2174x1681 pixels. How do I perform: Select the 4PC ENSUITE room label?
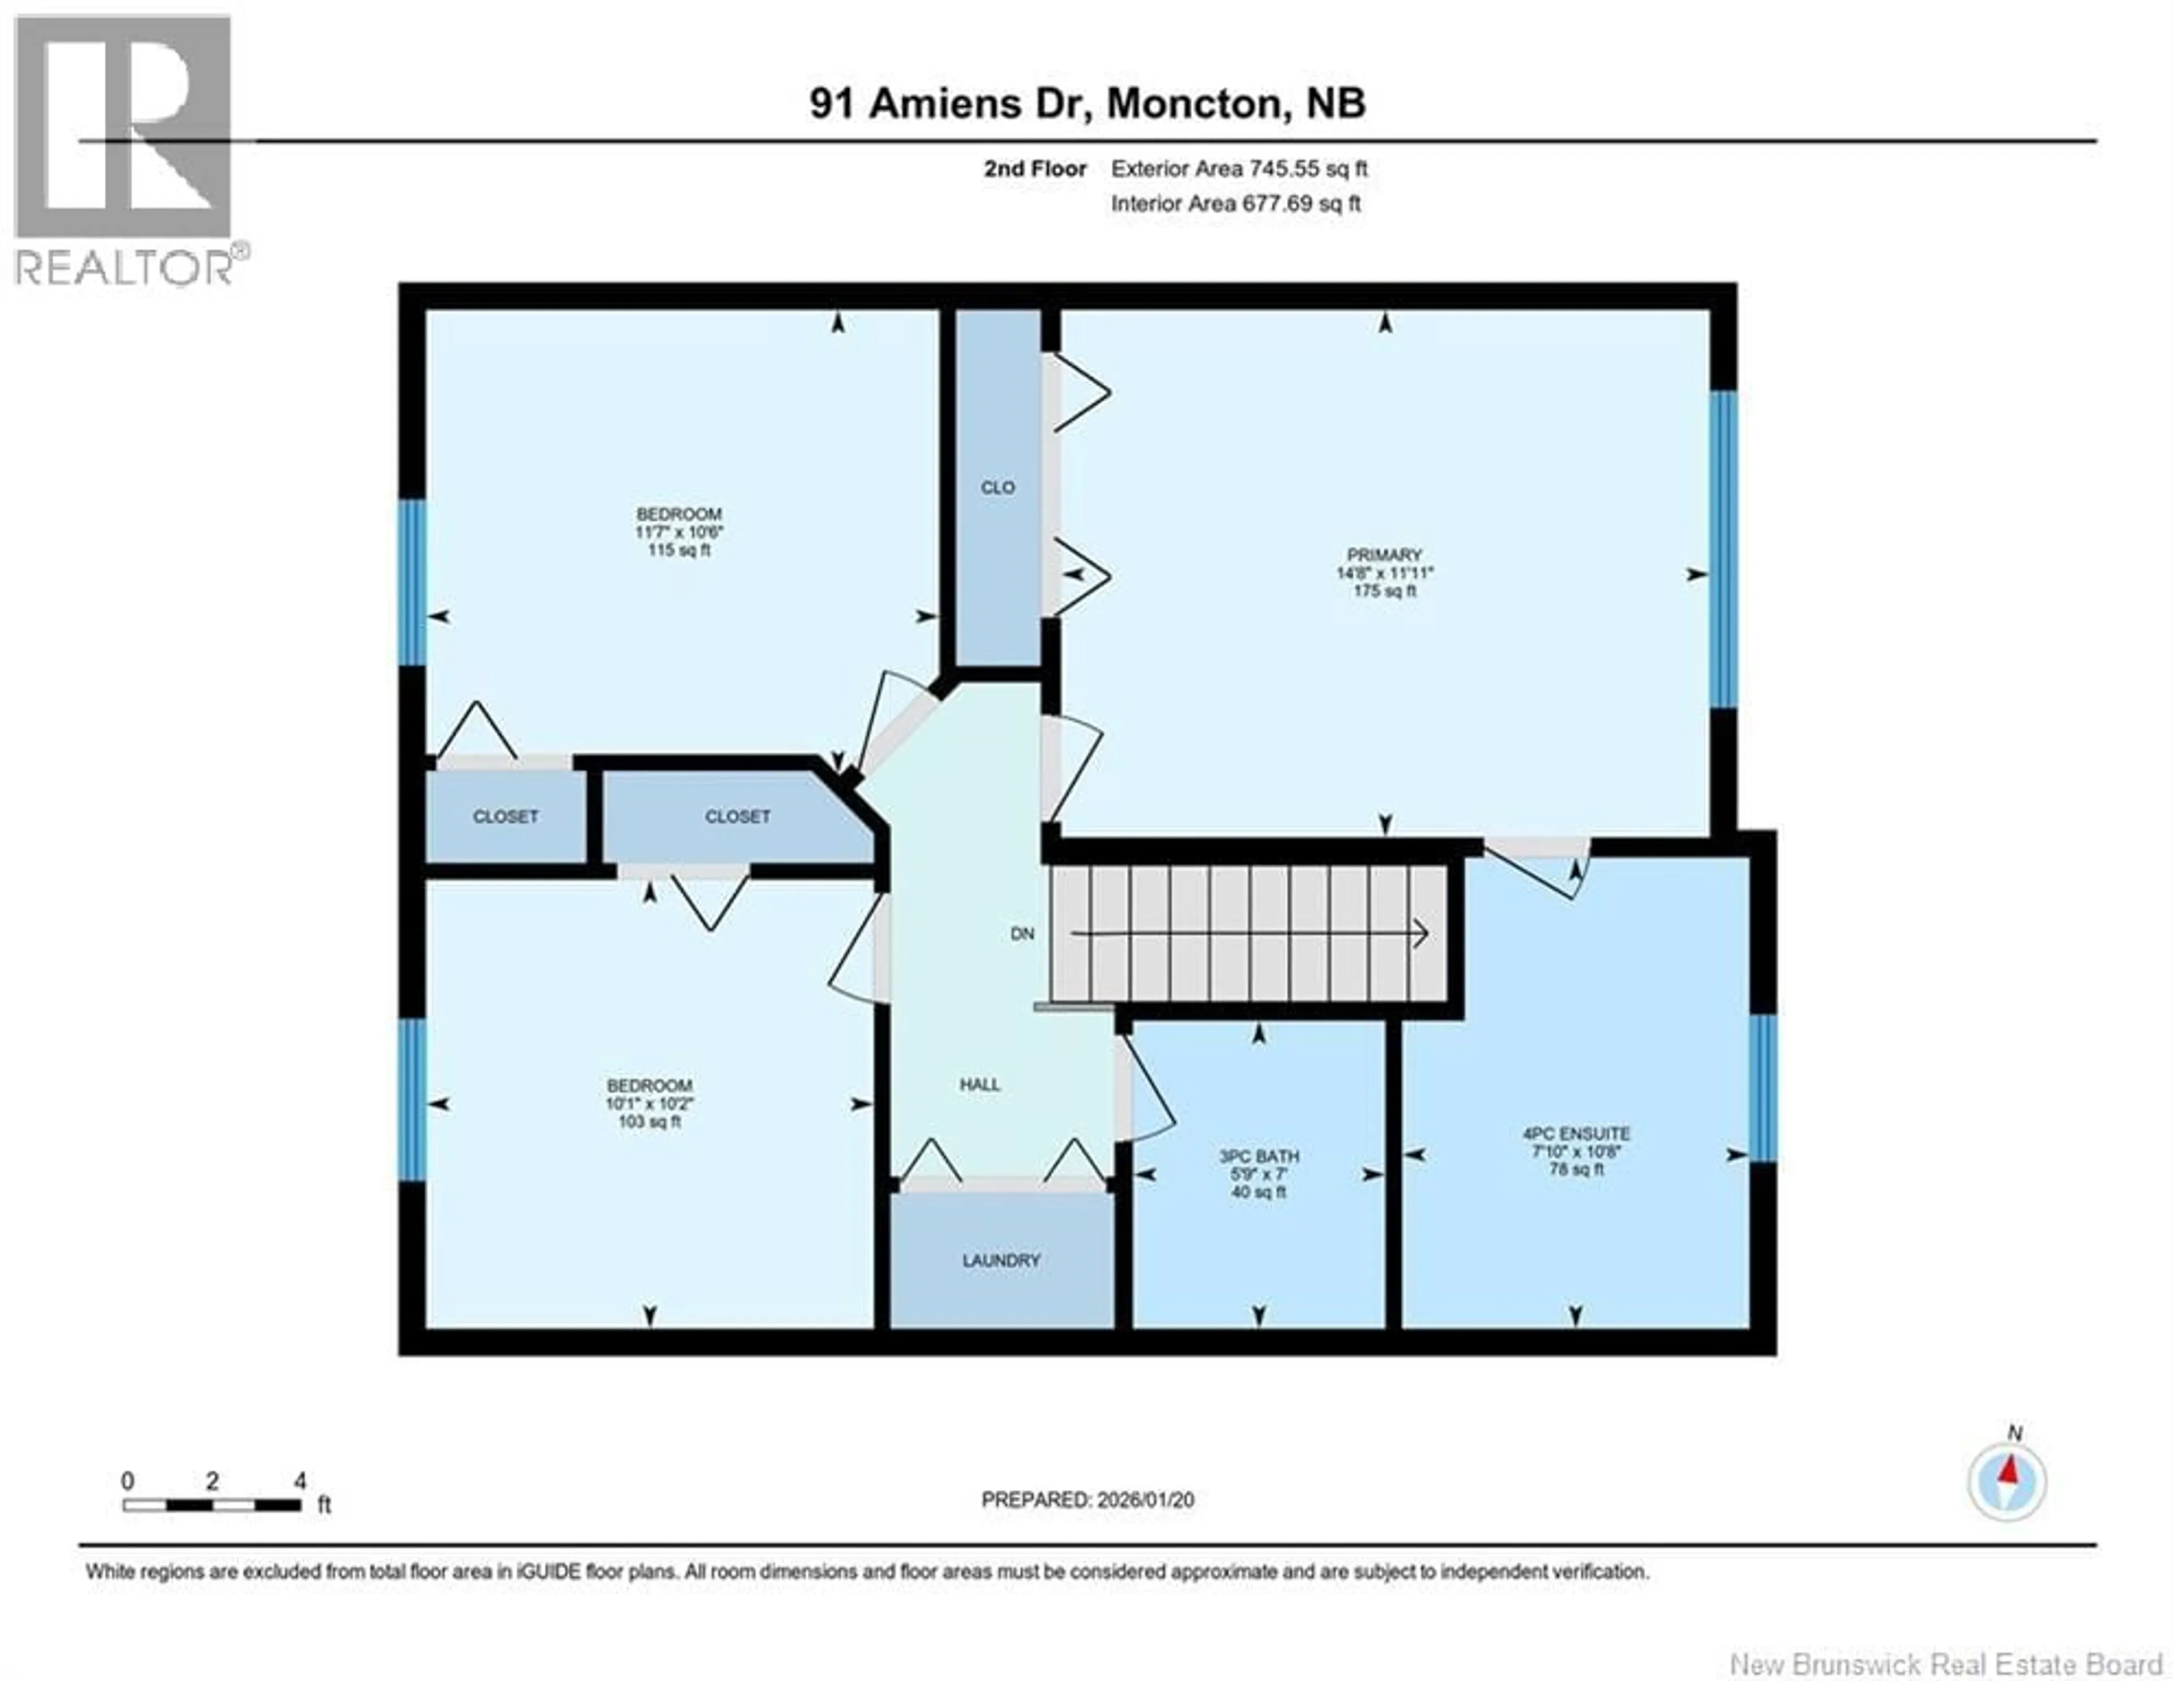pyautogui.click(x=1576, y=1134)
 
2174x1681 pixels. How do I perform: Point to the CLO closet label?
pyautogui.click(x=998, y=487)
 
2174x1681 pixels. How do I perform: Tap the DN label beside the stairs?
pyautogui.click(x=1022, y=933)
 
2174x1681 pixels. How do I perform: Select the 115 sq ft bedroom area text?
pyautogui.click(x=679, y=550)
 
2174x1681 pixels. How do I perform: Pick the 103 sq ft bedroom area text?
pyautogui.click(x=649, y=1122)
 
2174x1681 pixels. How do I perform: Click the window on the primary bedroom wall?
pyautogui.click(x=1723, y=550)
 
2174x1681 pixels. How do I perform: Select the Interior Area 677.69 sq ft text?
pyautogui.click(x=1235, y=204)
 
